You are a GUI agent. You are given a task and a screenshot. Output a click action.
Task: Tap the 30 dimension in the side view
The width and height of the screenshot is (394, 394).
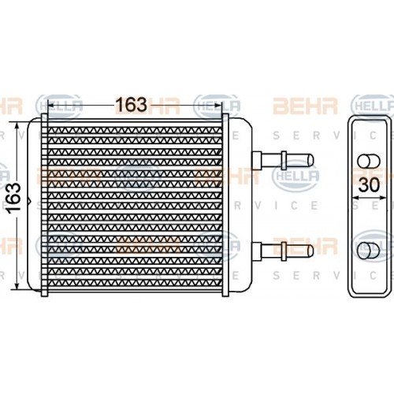coord(367,187)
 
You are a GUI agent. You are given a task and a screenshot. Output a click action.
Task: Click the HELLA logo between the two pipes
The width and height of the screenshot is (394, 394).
coord(295,176)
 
